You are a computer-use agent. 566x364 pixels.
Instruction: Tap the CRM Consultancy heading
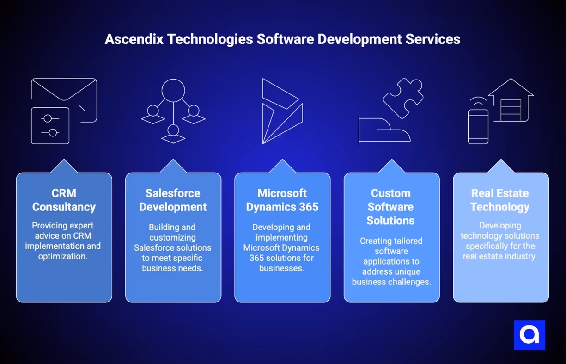(64, 200)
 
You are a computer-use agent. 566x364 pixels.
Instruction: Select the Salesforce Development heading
(173, 200)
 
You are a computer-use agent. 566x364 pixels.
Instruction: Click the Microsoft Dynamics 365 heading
(282, 200)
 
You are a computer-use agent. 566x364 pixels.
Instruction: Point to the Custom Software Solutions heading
(391, 207)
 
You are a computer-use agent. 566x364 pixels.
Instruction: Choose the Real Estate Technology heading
(500, 200)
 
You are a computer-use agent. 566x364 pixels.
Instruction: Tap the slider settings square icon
(50, 125)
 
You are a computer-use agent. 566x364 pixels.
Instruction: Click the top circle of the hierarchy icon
(173, 89)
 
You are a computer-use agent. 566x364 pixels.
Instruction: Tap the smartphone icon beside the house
(478, 126)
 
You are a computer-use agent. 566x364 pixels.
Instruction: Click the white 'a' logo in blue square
(529, 334)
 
